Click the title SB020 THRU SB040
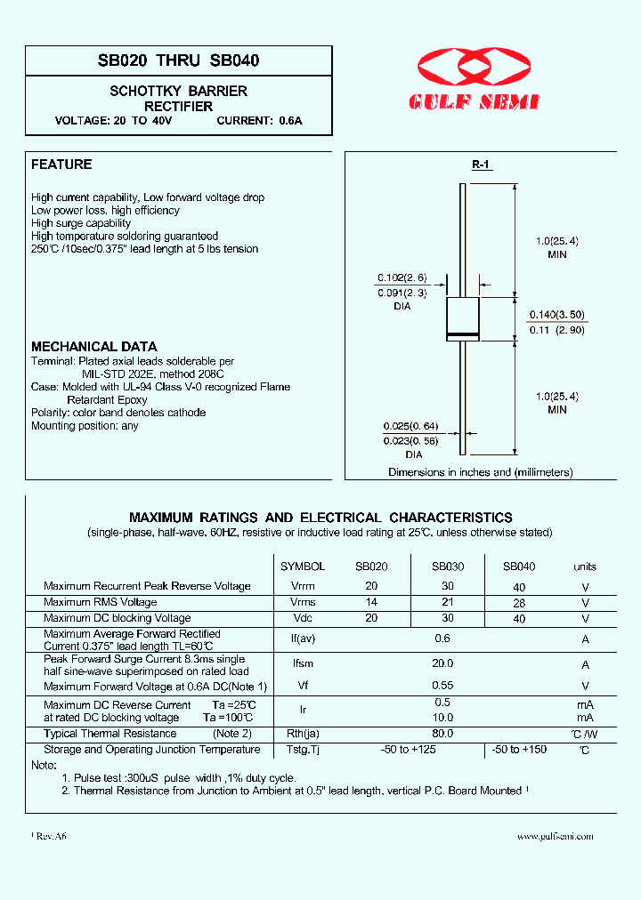(178, 61)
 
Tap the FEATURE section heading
(61, 165)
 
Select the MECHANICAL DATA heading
(94, 347)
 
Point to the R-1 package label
(481, 165)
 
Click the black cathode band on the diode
(462, 334)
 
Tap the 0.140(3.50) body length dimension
(558, 315)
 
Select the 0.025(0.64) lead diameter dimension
(410, 426)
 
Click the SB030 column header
(448, 567)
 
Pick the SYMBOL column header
(303, 567)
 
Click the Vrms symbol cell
(303, 602)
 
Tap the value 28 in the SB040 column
(519, 603)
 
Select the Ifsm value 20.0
(442, 663)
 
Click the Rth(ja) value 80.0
(442, 734)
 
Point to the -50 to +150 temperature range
(520, 750)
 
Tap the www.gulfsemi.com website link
(555, 836)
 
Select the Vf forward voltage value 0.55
(442, 686)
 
